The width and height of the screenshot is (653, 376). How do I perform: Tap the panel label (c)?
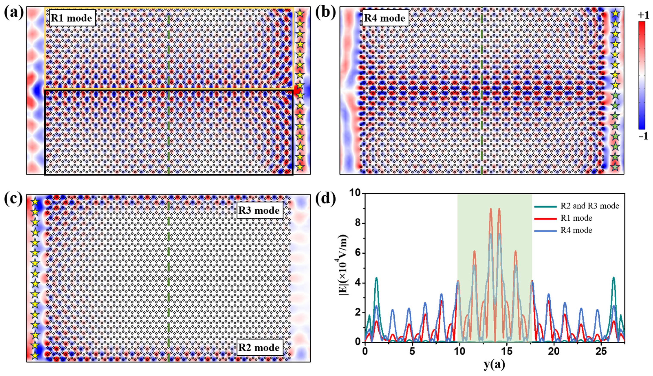pos(14,200)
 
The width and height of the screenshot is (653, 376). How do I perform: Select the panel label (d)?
pos(326,200)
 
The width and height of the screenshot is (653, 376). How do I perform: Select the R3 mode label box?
pos(259,211)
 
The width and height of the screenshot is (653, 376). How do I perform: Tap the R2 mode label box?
pos(259,347)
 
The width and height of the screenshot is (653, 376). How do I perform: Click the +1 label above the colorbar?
pos(643,15)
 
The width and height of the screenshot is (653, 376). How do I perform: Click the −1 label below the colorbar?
pos(643,136)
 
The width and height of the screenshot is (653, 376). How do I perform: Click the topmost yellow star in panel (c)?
pos(35,202)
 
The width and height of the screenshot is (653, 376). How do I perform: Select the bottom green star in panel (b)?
pos(615,167)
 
